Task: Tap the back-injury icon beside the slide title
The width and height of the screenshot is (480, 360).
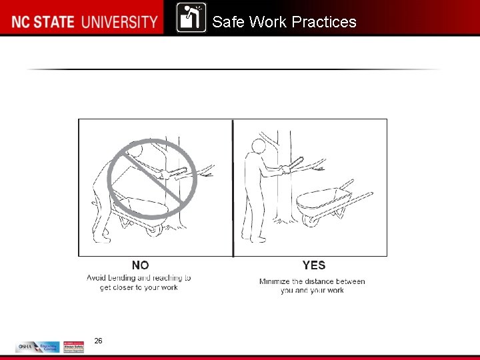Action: point(191,18)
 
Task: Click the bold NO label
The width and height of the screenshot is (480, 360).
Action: point(140,265)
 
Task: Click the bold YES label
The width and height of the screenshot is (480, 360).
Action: point(313,265)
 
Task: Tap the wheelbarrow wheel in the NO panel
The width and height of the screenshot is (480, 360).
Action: point(153,229)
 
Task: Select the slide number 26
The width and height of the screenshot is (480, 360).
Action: point(99,341)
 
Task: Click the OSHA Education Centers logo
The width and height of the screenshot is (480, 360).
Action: point(37,347)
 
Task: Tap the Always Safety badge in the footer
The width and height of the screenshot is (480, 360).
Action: point(73,347)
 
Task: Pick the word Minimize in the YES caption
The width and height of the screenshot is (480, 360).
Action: point(274,281)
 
